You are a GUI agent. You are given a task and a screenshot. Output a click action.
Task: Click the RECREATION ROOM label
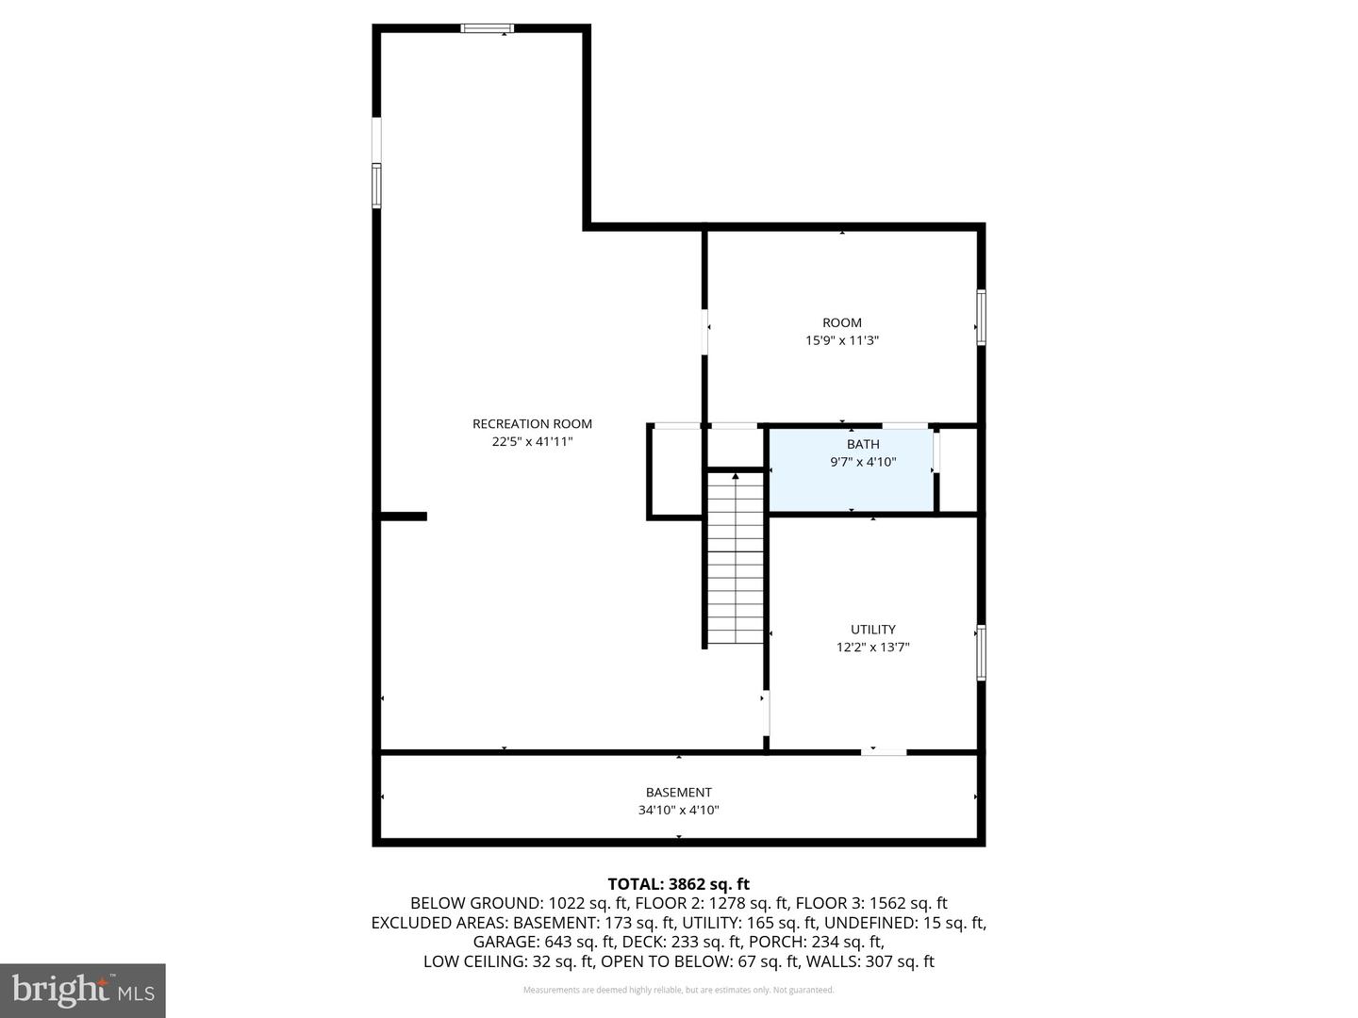tap(532, 424)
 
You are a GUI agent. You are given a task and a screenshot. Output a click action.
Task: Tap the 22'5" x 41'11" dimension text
tap(532, 441)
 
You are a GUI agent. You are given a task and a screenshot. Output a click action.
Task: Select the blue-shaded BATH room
tap(852, 469)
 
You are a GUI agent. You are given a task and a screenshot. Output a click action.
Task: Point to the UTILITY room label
tap(873, 630)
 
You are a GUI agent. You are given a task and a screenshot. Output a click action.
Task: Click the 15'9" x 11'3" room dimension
tap(842, 340)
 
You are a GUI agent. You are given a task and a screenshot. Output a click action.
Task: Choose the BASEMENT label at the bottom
tap(679, 793)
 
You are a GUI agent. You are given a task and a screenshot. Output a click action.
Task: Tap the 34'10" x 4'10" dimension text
tap(679, 810)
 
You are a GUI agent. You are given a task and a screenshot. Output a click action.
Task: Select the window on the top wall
tap(488, 28)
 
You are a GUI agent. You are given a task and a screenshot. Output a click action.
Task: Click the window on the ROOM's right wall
tap(981, 317)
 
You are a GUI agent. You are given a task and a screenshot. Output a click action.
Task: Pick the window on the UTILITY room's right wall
tap(981, 652)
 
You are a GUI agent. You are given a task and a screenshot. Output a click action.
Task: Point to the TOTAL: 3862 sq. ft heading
tap(679, 884)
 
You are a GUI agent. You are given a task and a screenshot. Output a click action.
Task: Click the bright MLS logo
tap(83, 990)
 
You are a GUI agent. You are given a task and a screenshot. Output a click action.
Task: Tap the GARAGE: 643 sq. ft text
tap(544, 942)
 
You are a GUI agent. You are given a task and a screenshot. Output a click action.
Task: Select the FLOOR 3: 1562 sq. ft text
tap(871, 904)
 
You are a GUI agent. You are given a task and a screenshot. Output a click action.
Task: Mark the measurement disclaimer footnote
tap(679, 990)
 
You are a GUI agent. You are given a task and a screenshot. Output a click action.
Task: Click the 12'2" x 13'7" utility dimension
tap(873, 648)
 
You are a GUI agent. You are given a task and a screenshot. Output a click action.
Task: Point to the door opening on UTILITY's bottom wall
tap(884, 752)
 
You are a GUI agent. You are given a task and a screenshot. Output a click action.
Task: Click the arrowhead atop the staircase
tap(736, 476)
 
